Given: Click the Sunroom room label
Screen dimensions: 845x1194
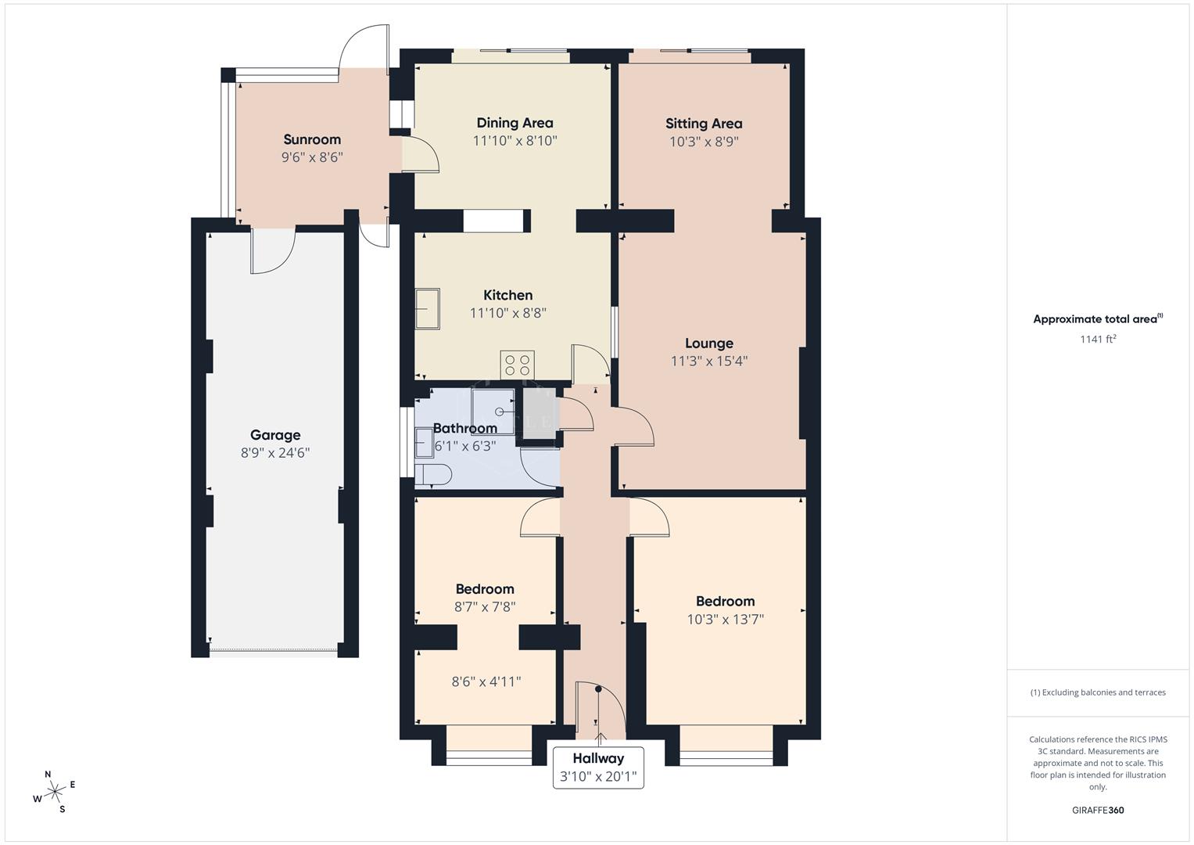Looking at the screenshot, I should [x=312, y=140].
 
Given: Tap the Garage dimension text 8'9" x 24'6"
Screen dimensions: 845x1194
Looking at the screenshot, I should [x=275, y=453].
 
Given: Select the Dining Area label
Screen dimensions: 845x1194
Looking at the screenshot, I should [x=515, y=123].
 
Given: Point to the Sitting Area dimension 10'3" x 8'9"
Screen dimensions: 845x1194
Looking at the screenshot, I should [x=704, y=142].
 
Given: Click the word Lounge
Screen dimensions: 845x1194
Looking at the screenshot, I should [x=709, y=343].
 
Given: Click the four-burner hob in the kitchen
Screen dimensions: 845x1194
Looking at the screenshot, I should [x=518, y=365].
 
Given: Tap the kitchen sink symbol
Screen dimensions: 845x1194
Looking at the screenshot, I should [x=428, y=309].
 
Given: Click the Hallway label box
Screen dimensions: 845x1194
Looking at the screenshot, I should [x=598, y=767].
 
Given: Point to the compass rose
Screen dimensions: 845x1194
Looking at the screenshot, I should [x=55, y=792].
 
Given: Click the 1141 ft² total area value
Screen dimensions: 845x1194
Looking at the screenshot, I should [x=1098, y=339].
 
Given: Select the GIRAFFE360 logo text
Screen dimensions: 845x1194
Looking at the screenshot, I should [x=1098, y=811].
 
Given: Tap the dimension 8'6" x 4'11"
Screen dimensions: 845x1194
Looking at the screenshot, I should [x=486, y=681].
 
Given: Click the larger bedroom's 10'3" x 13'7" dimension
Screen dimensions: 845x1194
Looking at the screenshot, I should [x=726, y=620].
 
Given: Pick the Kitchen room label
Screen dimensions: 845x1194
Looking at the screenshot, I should [x=508, y=295].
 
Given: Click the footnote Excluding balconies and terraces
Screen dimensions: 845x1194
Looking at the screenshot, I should [x=1098, y=692].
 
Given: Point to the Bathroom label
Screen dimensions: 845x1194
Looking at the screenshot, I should [x=465, y=428].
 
